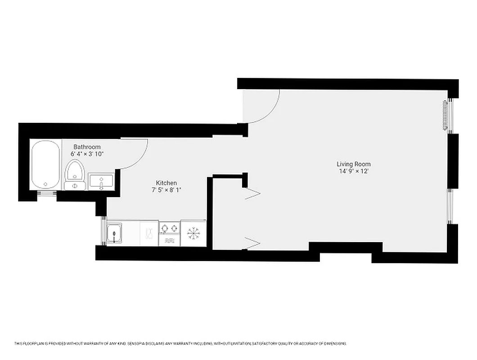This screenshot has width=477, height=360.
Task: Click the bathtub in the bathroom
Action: click(45, 165)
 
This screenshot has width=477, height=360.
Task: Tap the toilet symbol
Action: click(75, 176)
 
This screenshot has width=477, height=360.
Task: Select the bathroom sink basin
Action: click(101, 182)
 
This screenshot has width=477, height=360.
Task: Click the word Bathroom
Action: click(87, 147)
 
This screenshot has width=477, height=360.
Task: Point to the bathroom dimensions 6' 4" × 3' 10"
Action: click(87, 154)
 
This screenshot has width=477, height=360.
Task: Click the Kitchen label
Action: click(166, 183)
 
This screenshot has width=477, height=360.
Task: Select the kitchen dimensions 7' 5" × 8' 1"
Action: click(166, 190)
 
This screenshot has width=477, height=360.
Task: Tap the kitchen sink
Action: click(115, 234)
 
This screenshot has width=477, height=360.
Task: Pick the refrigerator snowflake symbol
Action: click(193, 233)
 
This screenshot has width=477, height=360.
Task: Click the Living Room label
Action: click(354, 164)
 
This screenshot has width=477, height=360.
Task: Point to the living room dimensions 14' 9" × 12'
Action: click(354, 171)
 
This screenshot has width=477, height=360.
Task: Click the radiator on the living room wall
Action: click(445, 116)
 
